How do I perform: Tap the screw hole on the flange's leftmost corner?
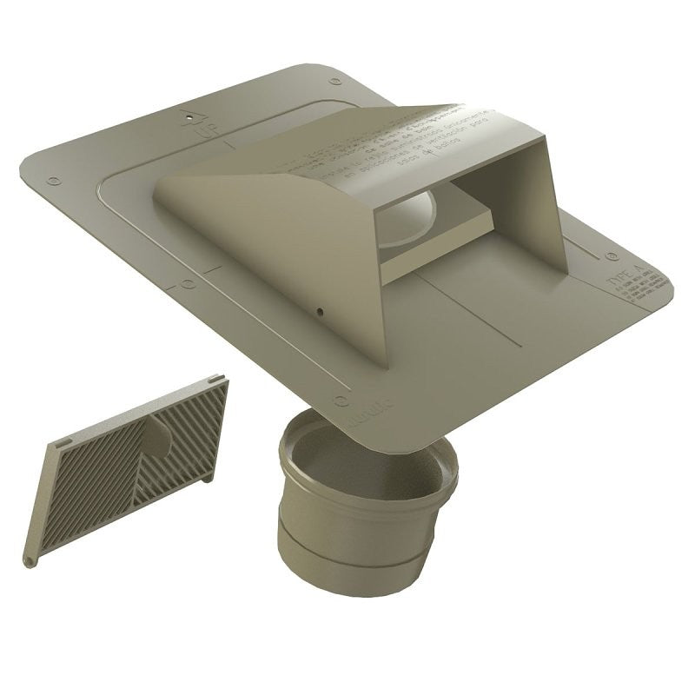(x=53, y=181)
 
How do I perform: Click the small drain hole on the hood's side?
(x=319, y=310)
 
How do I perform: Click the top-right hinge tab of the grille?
(x=214, y=380)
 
